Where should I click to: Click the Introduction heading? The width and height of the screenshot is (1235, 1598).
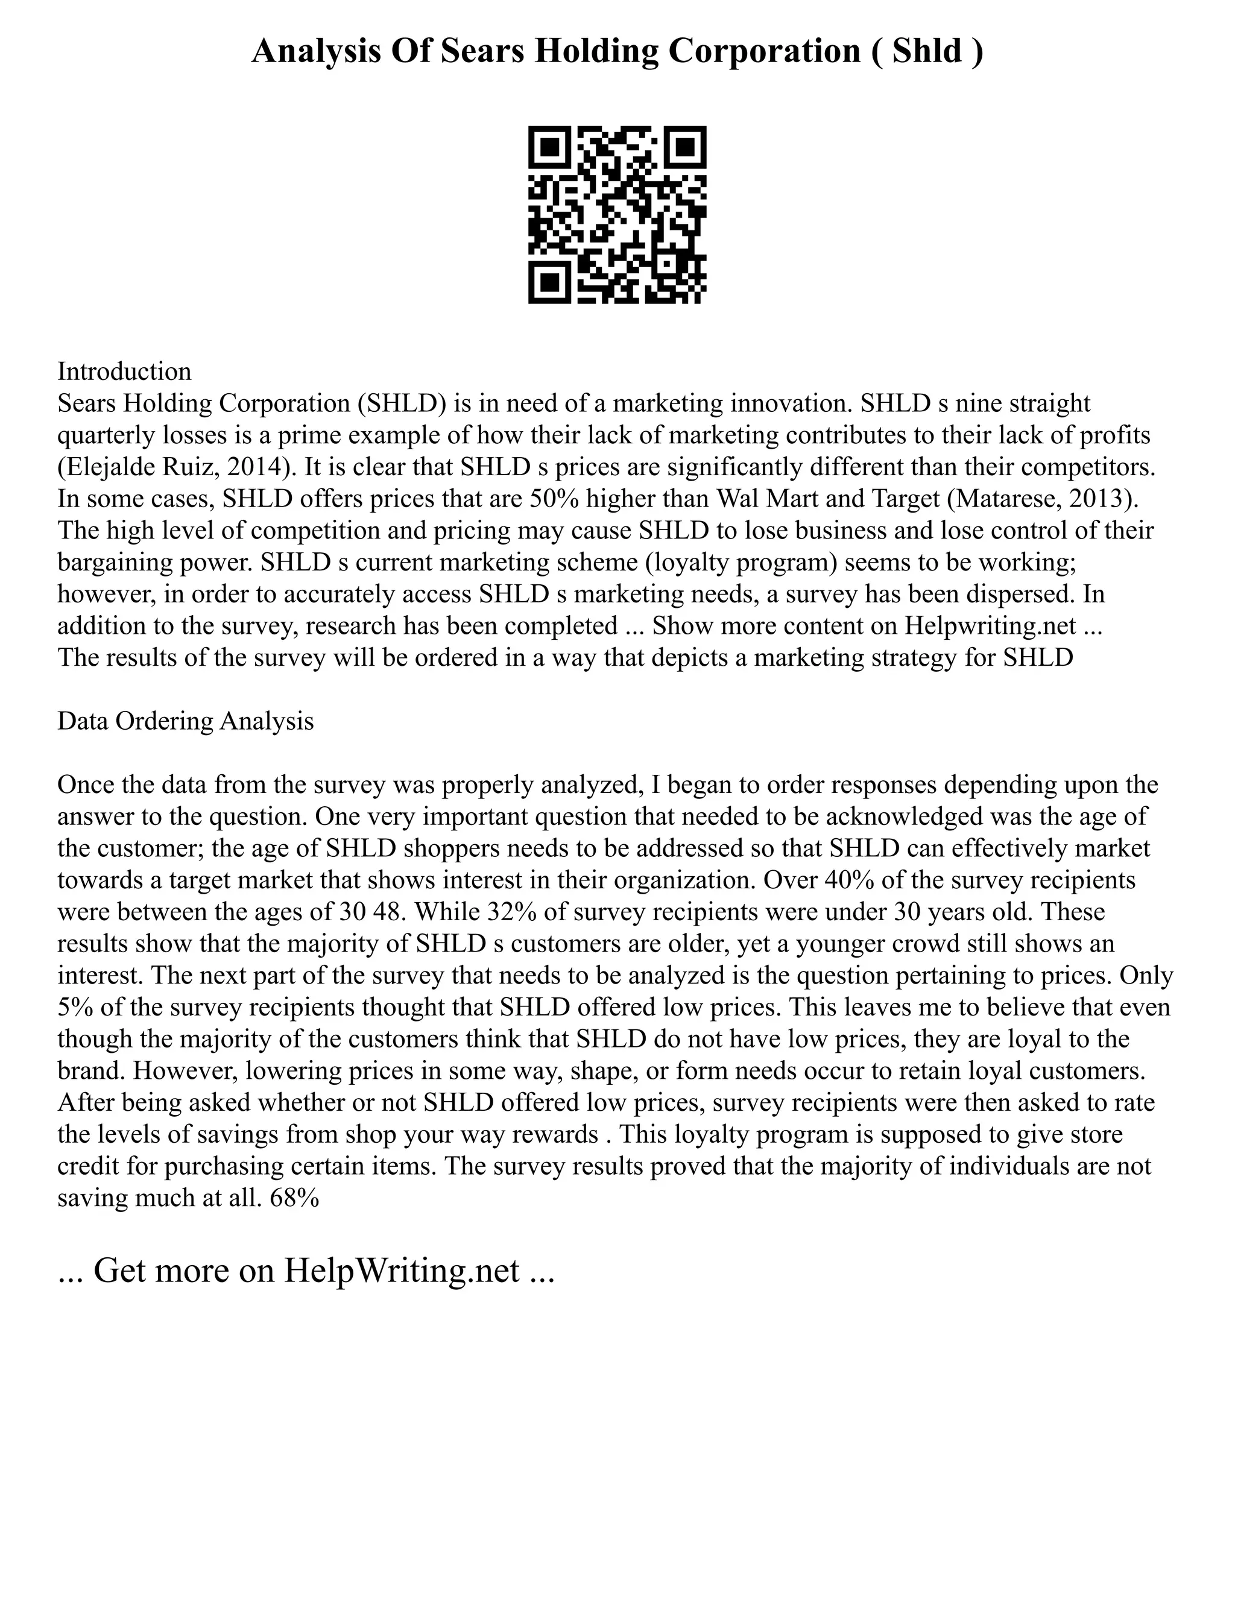[x=124, y=371]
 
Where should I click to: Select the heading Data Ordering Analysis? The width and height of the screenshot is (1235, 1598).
[x=186, y=721]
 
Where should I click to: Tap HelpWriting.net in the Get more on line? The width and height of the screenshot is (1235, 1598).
[x=402, y=1271]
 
